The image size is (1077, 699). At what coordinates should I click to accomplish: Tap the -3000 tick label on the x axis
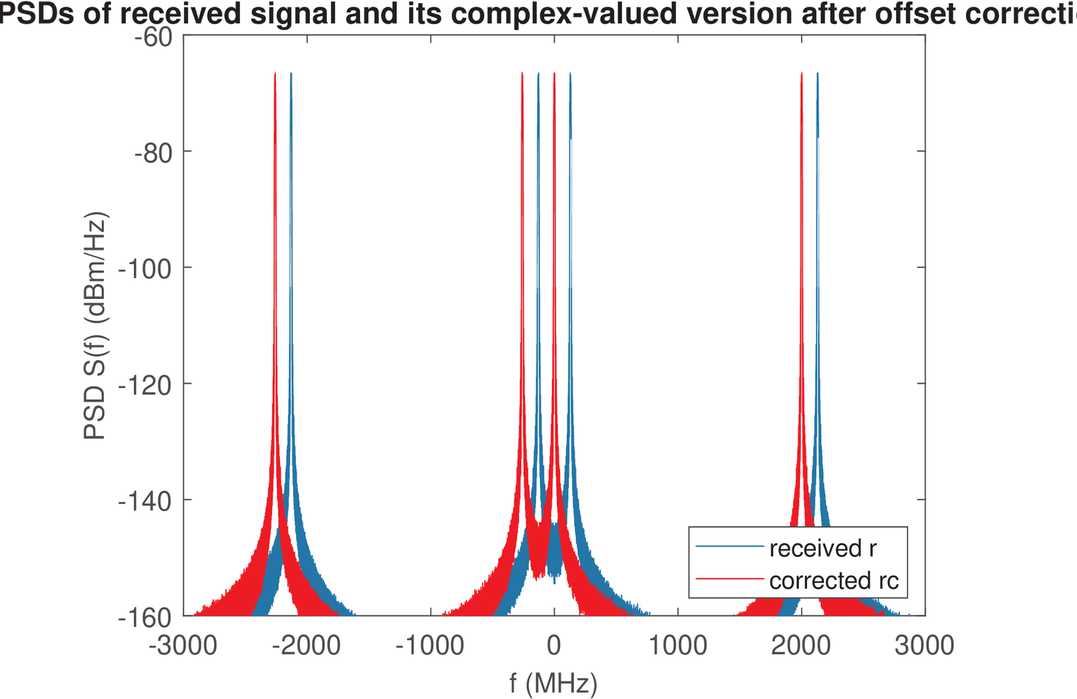click(183, 646)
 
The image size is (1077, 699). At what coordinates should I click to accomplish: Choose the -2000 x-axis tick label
click(306, 646)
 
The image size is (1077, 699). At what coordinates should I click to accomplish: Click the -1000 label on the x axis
click(430, 646)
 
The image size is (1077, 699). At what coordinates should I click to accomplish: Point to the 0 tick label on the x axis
click(554, 646)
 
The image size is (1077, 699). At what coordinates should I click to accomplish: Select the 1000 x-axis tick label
click(678, 646)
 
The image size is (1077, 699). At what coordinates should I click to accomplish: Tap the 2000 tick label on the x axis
click(801, 646)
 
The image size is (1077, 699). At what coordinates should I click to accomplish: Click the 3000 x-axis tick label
click(924, 646)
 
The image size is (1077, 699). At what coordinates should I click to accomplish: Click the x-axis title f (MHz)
click(553, 683)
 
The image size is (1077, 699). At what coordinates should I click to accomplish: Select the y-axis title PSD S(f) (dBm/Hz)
click(96, 326)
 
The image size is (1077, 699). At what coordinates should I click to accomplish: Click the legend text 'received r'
click(823, 549)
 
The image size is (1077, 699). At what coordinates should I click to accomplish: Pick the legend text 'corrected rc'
click(834, 580)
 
